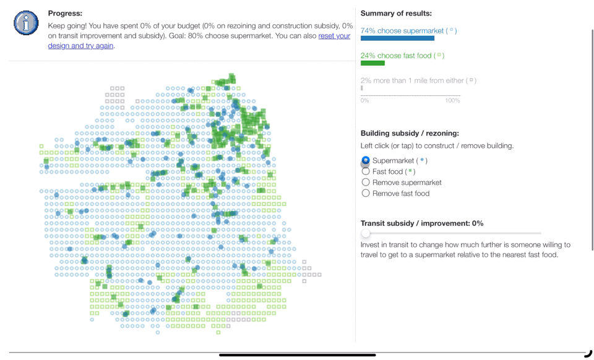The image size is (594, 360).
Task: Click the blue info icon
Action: [25, 23]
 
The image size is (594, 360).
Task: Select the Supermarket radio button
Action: [366, 161]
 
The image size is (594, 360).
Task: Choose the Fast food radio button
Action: [366, 171]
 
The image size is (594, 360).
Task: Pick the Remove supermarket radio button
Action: [366, 182]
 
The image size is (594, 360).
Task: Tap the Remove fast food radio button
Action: [366, 193]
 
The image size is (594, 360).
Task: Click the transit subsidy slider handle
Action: [366, 233]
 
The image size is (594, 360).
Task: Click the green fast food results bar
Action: [372, 63]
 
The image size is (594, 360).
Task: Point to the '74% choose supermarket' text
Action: [402, 30]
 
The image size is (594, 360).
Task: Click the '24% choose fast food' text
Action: [396, 56]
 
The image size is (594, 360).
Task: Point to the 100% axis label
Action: [452, 100]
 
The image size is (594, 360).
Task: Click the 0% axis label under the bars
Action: [364, 100]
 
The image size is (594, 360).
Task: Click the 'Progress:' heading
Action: [65, 13]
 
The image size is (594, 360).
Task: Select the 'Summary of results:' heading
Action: [396, 13]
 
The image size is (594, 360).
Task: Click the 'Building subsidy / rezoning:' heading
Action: [410, 133]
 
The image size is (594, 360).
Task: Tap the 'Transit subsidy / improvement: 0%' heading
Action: [422, 223]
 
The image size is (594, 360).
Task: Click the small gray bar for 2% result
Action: [362, 88]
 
